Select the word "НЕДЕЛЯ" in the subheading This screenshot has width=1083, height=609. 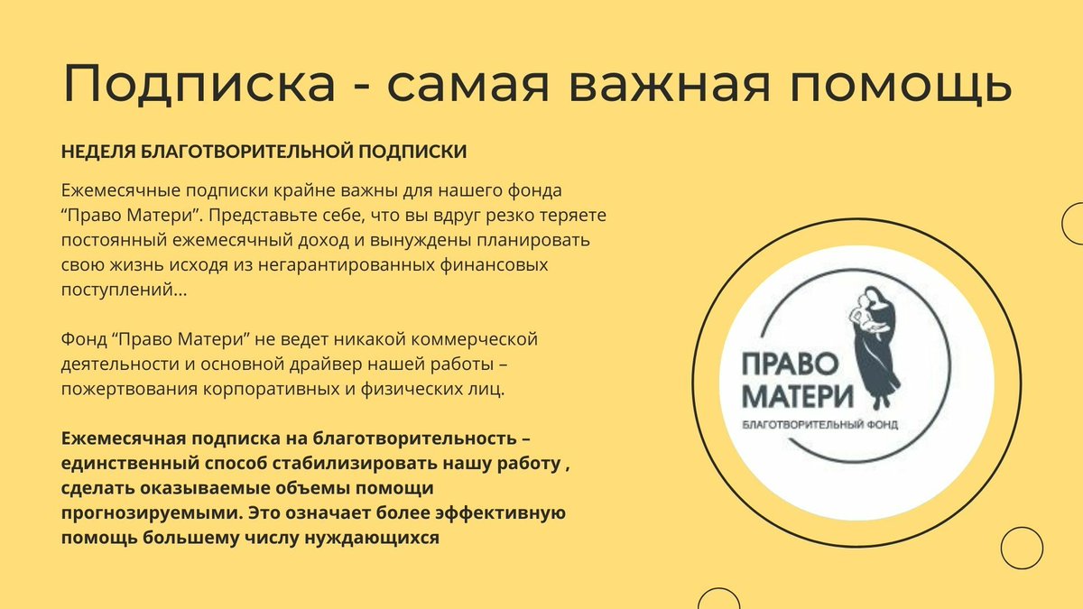pos(99,152)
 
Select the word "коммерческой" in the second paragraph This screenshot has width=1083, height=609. pos(476,341)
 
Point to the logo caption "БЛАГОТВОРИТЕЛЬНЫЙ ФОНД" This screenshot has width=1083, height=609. pos(819,424)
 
